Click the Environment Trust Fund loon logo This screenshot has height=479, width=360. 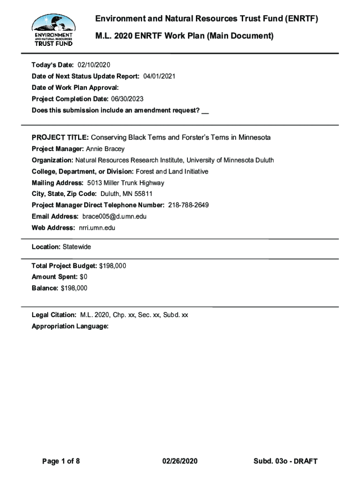(52, 29)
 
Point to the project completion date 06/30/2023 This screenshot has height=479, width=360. (127, 99)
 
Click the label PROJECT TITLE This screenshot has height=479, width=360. (60, 138)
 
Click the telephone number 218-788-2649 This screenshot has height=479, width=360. (187, 205)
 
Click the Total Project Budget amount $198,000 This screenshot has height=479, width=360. (113, 266)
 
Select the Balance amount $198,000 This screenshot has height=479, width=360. (74, 288)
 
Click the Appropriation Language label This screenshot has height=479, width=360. (70, 327)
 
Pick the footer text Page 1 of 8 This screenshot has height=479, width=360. (61, 462)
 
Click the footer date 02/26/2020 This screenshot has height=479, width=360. (180, 462)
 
